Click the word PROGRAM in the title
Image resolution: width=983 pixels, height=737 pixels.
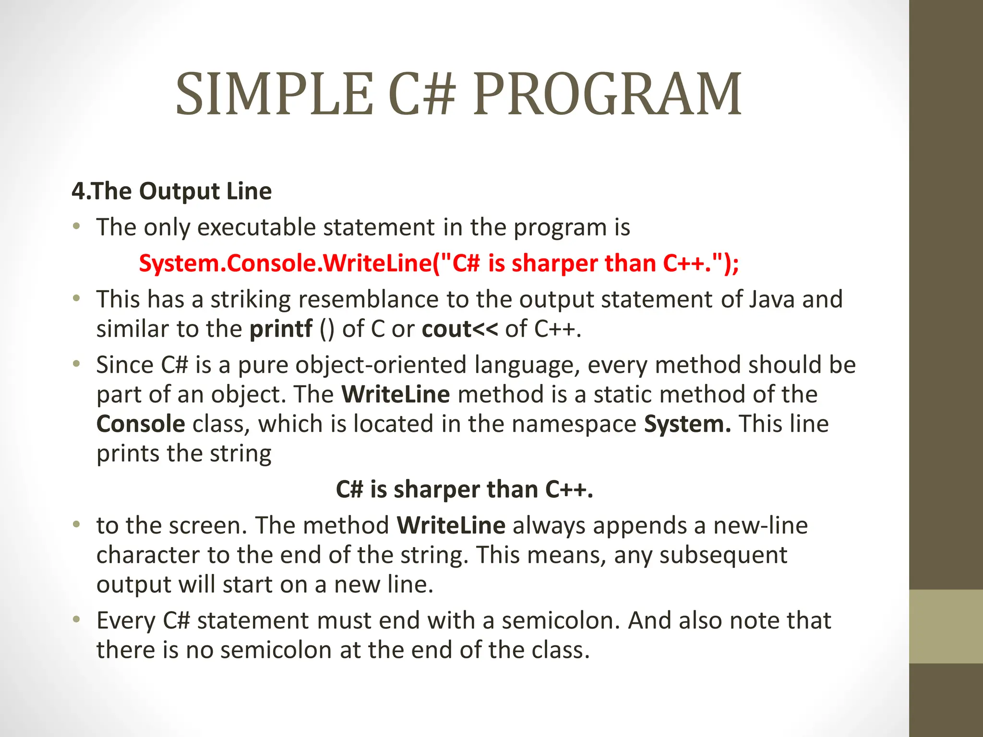point(607,95)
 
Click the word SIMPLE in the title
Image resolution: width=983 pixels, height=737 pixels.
point(274,95)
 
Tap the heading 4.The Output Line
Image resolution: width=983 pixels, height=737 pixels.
point(171,191)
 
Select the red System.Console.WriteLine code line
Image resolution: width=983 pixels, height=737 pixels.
point(439,263)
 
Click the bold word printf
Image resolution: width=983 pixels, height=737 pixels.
point(281,329)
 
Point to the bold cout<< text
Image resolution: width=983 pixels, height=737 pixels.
point(460,329)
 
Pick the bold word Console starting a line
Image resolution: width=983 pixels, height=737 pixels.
point(141,424)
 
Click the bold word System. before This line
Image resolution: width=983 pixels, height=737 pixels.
point(687,424)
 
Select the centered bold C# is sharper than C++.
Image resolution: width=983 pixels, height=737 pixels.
point(464,489)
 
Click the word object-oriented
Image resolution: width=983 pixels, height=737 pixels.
point(381,365)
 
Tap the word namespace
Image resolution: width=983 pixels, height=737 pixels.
point(574,424)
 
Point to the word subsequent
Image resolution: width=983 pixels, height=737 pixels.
point(723,555)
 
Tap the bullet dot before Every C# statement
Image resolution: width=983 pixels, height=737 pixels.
point(76,619)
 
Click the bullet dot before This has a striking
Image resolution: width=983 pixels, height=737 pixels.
point(76,298)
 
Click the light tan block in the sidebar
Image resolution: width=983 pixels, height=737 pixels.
point(946,626)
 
